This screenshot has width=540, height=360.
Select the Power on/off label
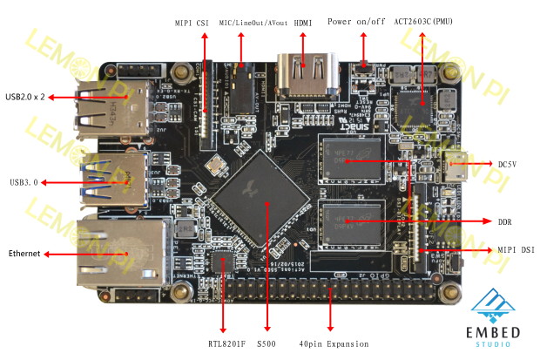[355, 21]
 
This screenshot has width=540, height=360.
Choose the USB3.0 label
[24, 182]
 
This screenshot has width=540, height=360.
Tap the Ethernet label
[24, 253]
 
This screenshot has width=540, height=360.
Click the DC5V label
[509, 163]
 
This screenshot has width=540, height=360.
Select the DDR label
[504, 221]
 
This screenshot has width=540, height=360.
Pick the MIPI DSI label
[515, 250]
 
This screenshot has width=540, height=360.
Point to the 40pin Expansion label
[334, 343]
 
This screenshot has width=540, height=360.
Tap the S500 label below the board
[267, 343]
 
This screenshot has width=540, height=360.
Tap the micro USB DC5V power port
[454, 163]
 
